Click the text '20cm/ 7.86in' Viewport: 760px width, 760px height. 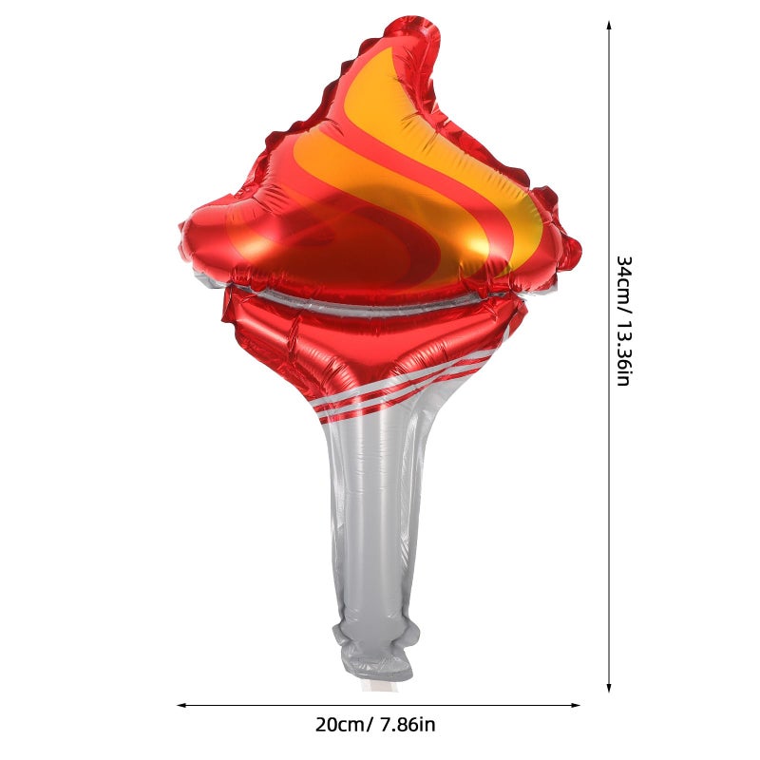point(375,725)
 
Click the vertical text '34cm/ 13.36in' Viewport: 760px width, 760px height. point(623,321)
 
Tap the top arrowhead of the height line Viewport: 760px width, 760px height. point(609,25)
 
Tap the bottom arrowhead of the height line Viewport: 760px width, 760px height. point(609,688)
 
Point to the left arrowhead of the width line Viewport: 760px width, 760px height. point(181,705)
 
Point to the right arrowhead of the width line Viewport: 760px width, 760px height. point(576,705)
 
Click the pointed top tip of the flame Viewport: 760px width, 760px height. point(417,19)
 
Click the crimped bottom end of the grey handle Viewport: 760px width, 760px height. point(374,655)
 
